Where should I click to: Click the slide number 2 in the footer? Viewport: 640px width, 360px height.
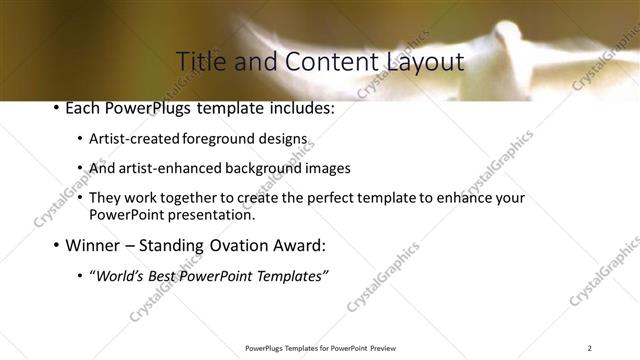pos(589,348)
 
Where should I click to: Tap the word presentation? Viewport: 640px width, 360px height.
pos(218,214)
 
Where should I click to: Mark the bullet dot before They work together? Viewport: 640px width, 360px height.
pos(80,198)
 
